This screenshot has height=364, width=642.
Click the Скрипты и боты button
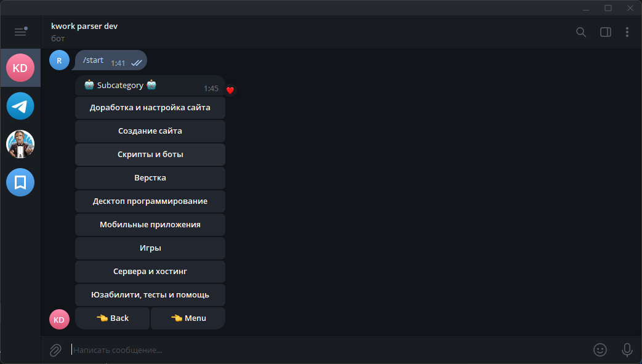(150, 155)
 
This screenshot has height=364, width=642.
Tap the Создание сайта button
(150, 131)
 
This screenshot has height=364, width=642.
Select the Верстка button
(150, 178)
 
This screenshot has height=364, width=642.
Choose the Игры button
(150, 248)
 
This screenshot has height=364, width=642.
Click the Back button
(113, 318)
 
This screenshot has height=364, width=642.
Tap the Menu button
(188, 318)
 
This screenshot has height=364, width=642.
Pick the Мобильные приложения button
(150, 225)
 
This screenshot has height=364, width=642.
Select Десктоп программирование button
(150, 201)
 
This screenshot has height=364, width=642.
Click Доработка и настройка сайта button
(150, 108)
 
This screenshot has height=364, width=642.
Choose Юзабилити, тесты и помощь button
(150, 295)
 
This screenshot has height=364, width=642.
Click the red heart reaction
(230, 91)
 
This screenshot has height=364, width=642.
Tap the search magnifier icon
(581, 32)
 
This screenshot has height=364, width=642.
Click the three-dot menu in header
(627, 32)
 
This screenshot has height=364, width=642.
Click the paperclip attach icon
(55, 350)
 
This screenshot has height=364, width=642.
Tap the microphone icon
(627, 350)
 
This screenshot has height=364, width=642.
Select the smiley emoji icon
(600, 350)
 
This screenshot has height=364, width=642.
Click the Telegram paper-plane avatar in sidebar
(20, 106)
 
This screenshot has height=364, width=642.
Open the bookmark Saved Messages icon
(20, 182)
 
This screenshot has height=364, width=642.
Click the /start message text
(94, 60)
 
